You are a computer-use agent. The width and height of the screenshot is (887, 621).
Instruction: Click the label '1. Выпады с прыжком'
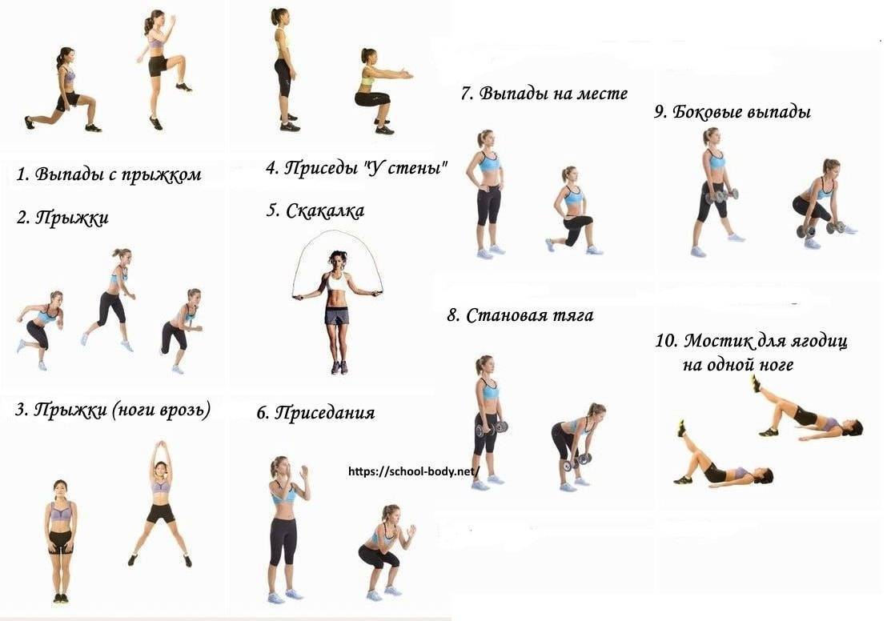click(x=109, y=174)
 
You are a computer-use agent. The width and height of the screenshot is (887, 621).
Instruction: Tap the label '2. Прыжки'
click(x=62, y=218)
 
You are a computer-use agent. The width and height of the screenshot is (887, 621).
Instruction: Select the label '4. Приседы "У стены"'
click(x=356, y=167)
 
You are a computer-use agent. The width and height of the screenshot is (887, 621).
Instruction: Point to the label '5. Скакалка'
click(x=315, y=211)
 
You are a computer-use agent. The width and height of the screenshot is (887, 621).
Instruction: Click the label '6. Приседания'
click(x=315, y=412)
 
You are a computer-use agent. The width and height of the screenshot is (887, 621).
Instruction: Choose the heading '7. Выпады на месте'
click(x=544, y=93)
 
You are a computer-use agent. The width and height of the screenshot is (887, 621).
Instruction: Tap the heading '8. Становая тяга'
click(x=520, y=315)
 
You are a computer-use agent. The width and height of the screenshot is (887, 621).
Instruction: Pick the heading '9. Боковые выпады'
click(x=732, y=111)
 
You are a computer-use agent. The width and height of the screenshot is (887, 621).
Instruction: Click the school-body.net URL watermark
click(x=414, y=471)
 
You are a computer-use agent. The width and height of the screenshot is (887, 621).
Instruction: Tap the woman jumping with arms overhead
click(x=161, y=503)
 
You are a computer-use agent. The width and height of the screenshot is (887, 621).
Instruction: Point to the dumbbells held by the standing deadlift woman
click(x=491, y=429)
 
